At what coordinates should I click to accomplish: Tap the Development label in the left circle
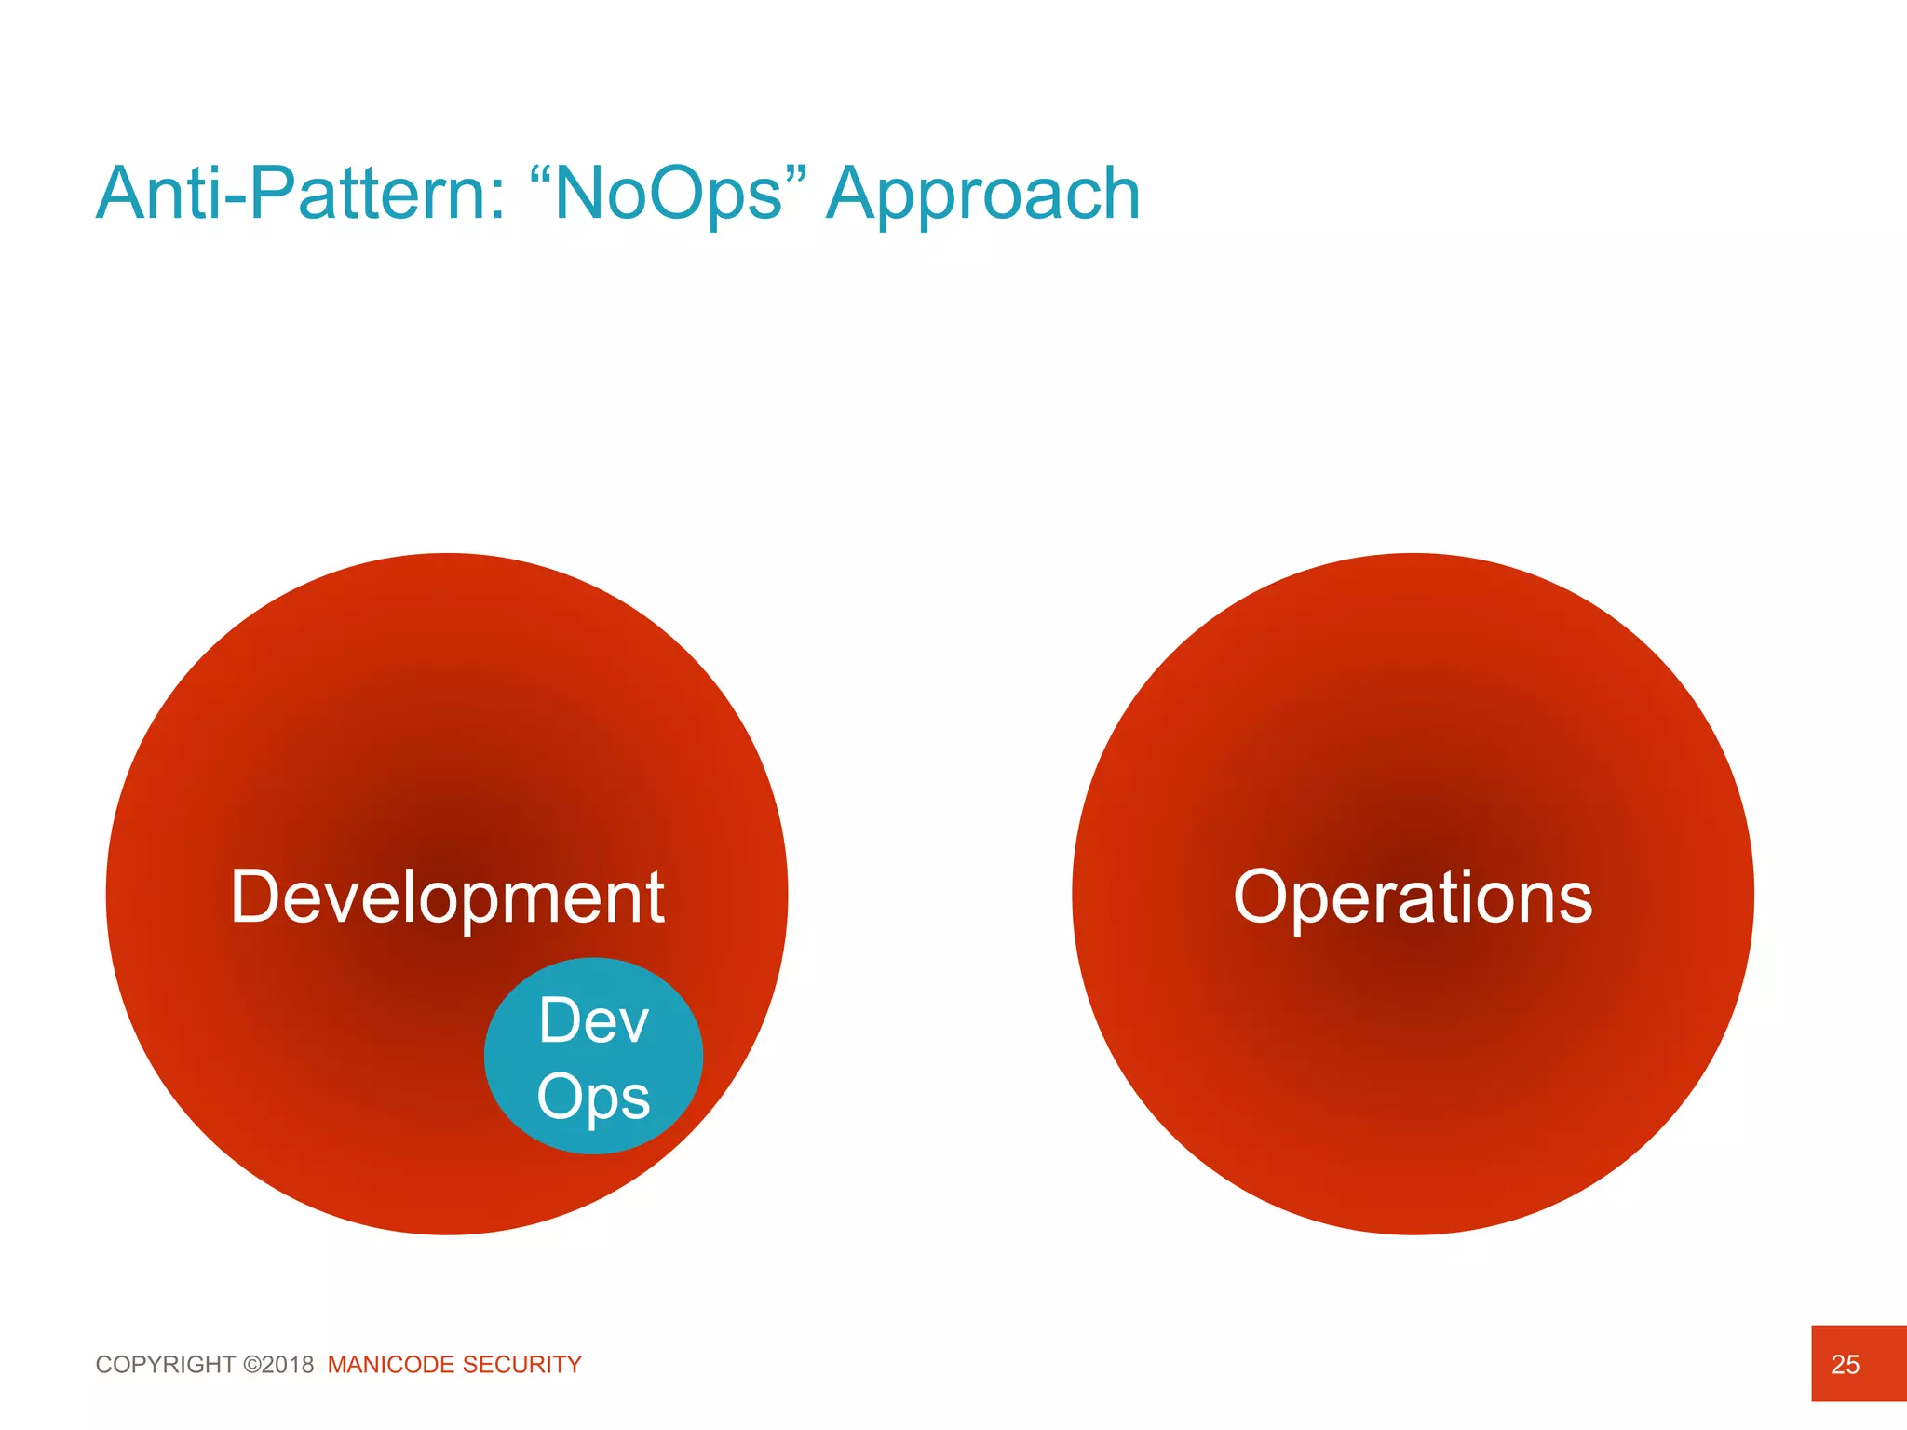tap(447, 897)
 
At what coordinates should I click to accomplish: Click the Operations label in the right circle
tap(1413, 897)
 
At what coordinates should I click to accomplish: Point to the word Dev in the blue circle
tap(593, 1020)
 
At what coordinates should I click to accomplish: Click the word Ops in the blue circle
tap(593, 1097)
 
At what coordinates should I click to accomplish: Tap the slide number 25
tap(1845, 1365)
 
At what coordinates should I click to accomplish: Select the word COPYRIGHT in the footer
tap(166, 1365)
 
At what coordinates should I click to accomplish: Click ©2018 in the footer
tap(278, 1365)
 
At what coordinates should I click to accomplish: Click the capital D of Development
tap(254, 897)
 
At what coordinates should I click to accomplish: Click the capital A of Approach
tap(851, 194)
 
